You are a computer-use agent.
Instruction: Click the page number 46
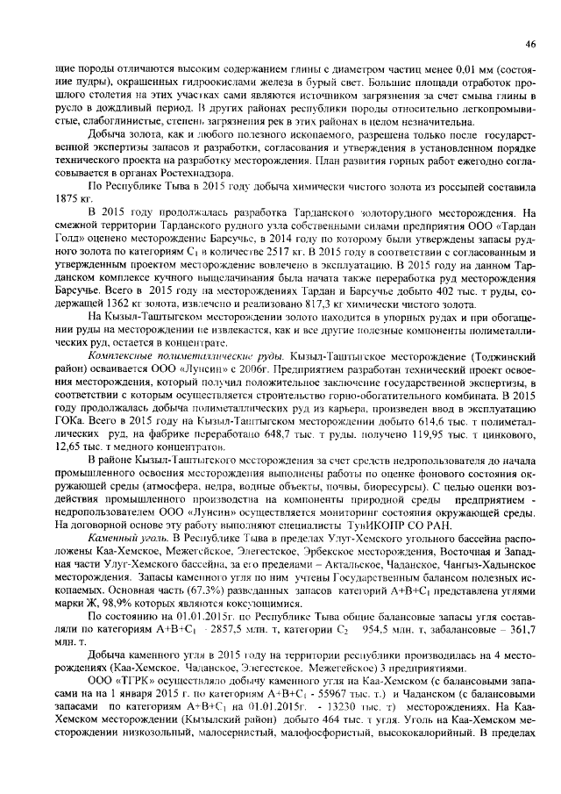pyautogui.click(x=530, y=43)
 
